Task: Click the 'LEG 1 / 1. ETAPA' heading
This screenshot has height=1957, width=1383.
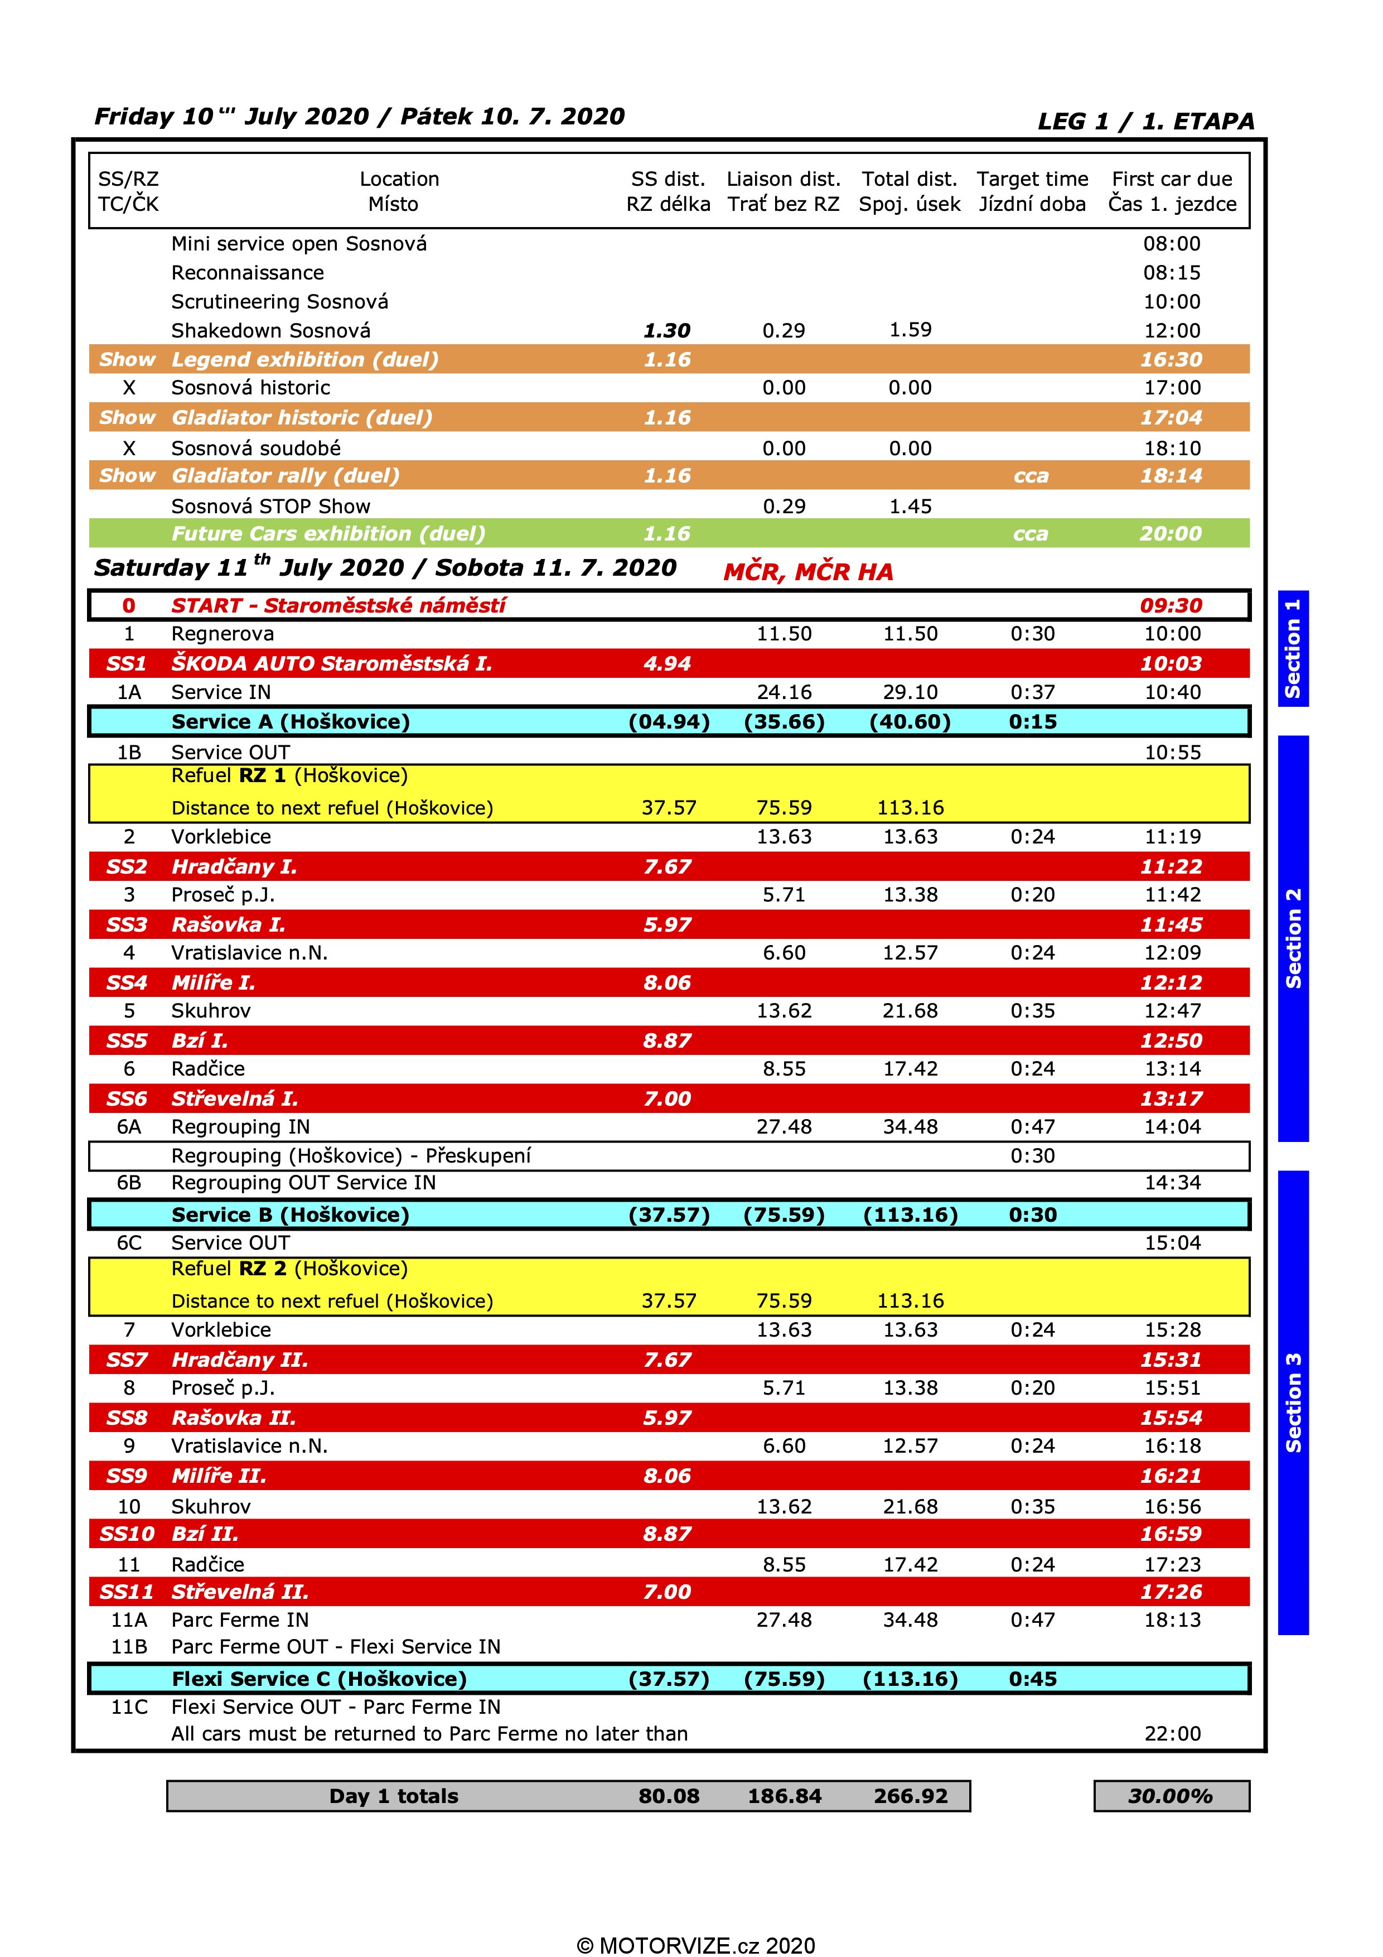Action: (1145, 121)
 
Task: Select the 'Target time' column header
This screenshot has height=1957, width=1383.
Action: (1032, 179)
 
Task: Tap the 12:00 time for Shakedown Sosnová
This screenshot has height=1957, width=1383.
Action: (1172, 331)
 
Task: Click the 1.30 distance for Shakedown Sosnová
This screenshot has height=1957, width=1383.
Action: (666, 331)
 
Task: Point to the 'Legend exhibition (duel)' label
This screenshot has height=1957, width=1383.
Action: (304, 360)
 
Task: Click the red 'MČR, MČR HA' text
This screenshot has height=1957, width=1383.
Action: (808, 572)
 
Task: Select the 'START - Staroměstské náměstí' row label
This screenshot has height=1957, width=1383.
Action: (339, 605)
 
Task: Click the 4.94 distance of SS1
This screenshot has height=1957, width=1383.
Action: (666, 663)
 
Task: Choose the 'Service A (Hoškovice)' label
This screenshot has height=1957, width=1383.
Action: (291, 722)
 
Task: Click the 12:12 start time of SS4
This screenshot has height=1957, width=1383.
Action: (1171, 983)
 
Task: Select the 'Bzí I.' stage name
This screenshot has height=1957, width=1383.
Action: (200, 1041)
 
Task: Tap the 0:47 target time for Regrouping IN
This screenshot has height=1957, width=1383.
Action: (1032, 1127)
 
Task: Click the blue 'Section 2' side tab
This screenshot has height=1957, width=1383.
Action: (1293, 938)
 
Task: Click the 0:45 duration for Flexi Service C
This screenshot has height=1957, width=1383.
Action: (1032, 1679)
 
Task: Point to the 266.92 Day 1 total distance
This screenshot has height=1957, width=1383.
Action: (910, 1796)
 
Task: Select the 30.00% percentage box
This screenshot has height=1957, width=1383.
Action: (1171, 1796)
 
